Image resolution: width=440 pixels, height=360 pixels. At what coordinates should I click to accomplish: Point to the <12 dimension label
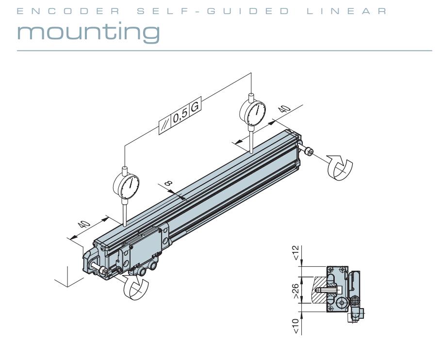(x=296, y=252)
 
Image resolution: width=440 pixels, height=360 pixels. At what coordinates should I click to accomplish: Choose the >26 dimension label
(x=296, y=290)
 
